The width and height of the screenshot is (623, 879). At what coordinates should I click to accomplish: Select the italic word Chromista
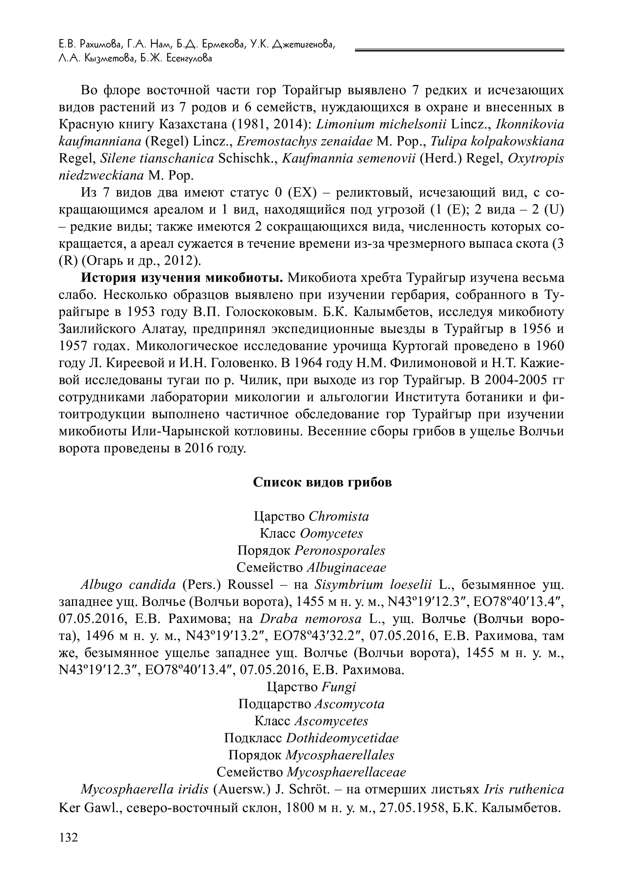[339, 517]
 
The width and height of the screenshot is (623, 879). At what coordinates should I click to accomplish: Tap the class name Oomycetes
[331, 534]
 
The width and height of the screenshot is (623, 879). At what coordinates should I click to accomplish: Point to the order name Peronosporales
[340, 551]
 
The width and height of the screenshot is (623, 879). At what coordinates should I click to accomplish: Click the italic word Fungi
[339, 687]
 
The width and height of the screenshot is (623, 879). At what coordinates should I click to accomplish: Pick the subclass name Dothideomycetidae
[342, 738]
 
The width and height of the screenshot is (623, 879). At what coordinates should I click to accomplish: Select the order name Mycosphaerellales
[340, 755]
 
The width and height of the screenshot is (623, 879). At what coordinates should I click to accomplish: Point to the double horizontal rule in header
[459, 50]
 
